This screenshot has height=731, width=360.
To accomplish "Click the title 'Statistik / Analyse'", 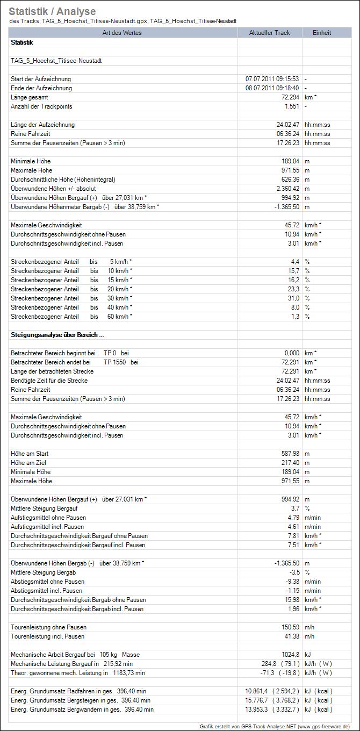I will [x=52, y=11].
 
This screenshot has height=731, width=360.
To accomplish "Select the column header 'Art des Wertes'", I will [x=124, y=33].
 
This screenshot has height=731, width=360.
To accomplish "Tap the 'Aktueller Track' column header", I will [x=270, y=33].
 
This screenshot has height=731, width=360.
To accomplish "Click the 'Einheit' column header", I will [x=322, y=33].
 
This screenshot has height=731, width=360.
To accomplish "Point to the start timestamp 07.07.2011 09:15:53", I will [x=272, y=79].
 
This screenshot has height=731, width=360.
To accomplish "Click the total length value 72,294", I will [x=287, y=97].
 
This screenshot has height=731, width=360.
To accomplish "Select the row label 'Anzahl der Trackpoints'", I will [x=41, y=106].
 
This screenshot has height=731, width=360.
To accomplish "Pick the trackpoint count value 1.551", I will [x=290, y=106].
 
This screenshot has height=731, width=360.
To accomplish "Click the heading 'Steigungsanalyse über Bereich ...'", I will [x=54, y=335].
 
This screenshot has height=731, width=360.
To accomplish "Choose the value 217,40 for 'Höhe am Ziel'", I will [x=287, y=463].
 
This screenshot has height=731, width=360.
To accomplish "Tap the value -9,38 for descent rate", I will [x=290, y=582].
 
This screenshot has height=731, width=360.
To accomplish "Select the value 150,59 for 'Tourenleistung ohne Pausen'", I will [x=287, y=627].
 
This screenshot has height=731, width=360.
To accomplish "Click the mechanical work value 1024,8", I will [x=289, y=655].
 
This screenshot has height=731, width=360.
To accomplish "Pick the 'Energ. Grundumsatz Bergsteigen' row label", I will [x=81, y=700].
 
